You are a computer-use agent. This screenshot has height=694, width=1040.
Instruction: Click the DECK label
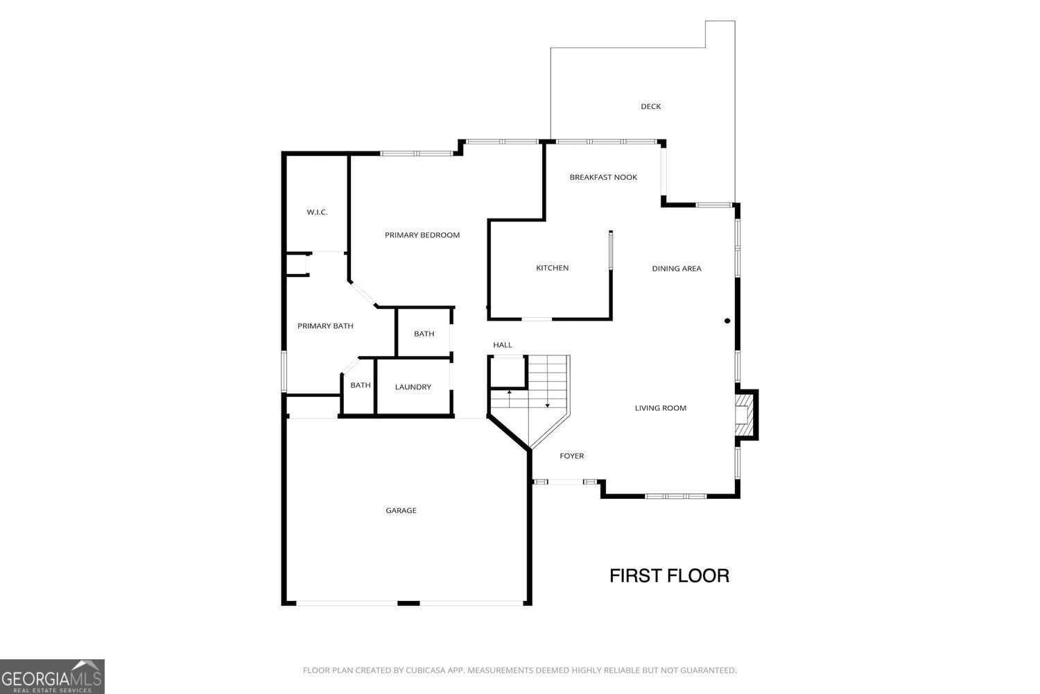pos(650,106)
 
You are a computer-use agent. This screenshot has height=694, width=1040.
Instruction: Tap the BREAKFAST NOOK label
pos(603,177)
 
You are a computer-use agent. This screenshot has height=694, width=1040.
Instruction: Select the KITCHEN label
pos(552,268)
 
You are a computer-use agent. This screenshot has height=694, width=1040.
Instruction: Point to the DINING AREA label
pos(677,269)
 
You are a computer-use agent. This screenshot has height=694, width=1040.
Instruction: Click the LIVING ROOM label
pos(660,408)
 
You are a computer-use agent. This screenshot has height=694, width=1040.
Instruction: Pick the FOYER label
pos(571,456)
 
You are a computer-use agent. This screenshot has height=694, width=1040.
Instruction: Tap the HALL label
pos(503,345)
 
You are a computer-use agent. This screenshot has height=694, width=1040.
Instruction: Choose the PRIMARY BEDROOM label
pos(422,235)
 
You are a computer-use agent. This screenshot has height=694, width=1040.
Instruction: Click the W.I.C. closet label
pos(317,212)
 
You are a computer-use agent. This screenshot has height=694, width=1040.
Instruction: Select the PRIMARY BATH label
pos(325,326)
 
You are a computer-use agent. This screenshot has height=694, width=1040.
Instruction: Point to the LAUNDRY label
pos(413,387)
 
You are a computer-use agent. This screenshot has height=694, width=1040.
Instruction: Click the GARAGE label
pos(401,511)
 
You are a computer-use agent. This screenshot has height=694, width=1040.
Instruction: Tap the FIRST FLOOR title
pos(669,575)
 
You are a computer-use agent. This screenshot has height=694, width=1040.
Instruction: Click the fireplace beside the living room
pos(745,415)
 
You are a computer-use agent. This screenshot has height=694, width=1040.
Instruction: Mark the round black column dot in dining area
pos(727,321)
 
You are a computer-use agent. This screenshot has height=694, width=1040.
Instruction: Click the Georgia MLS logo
pos(52,677)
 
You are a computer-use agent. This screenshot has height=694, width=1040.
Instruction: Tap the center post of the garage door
pos(408,603)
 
